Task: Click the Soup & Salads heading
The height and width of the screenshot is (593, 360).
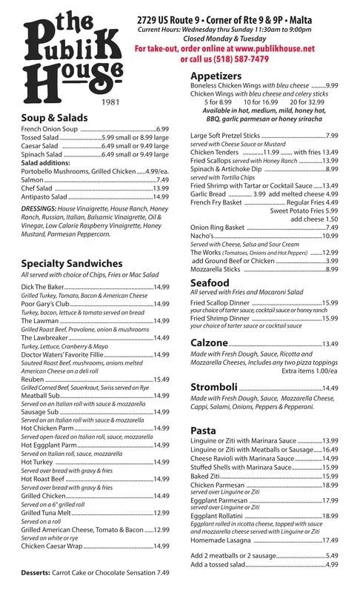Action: (55, 118)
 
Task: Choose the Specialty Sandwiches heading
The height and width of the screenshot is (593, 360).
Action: (72, 263)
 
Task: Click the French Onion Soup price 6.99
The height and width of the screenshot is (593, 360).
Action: (162, 129)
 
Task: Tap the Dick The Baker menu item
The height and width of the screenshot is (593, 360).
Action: (44, 286)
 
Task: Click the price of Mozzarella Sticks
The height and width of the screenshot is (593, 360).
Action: (331, 269)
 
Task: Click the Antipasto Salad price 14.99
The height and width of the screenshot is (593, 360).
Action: (161, 198)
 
